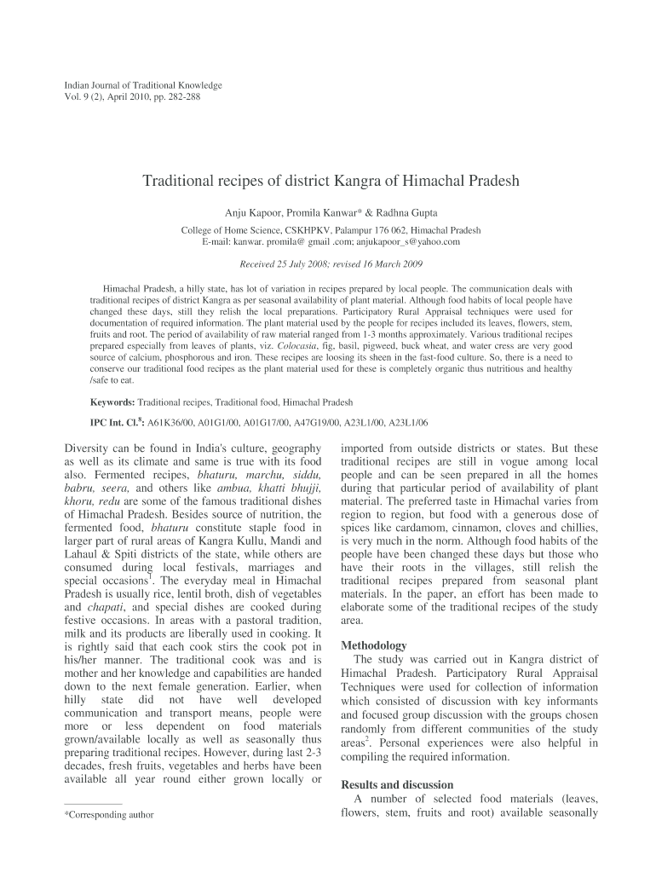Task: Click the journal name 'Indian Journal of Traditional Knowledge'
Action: pyautogui.click(x=143, y=85)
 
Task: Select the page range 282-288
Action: pyautogui.click(x=181, y=97)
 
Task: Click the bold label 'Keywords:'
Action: pyautogui.click(x=112, y=402)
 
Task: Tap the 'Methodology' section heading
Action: pyautogui.click(x=373, y=645)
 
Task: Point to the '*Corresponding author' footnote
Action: pyautogui.click(x=109, y=815)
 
